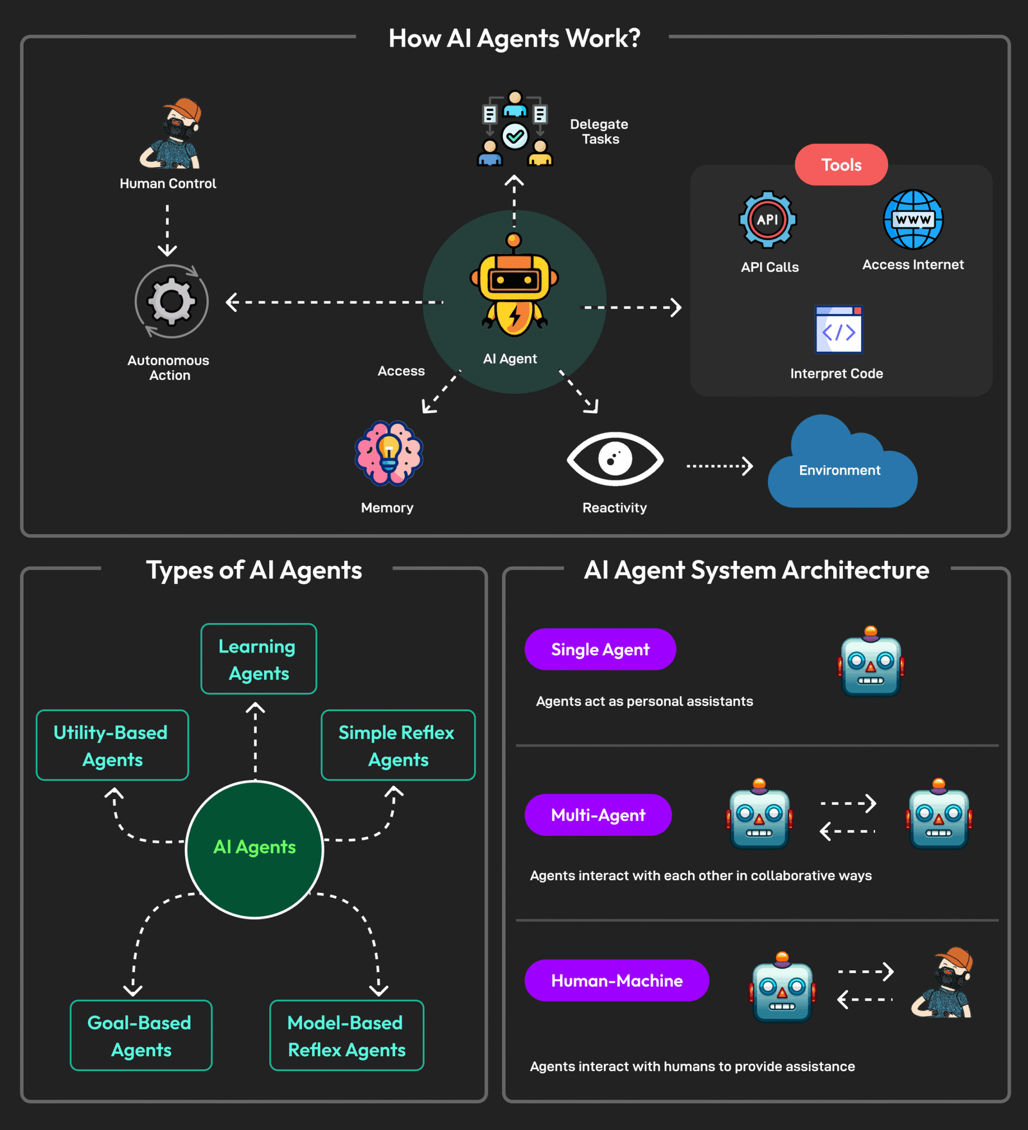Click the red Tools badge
pyautogui.click(x=841, y=165)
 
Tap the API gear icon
pyautogui.click(x=767, y=220)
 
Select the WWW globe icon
pyautogui.click(x=913, y=220)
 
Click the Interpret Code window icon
pyautogui.click(x=838, y=330)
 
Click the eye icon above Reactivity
pyautogui.click(x=615, y=459)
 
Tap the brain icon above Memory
pyautogui.click(x=389, y=454)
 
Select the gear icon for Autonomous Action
pyautogui.click(x=172, y=301)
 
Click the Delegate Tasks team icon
pyautogui.click(x=515, y=129)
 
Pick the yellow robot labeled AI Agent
pyautogui.click(x=514, y=289)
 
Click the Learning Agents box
pyautogui.click(x=258, y=659)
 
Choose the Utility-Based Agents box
pyautogui.click(x=112, y=745)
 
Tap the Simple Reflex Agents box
pyautogui.click(x=398, y=745)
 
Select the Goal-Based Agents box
pyautogui.click(x=141, y=1035)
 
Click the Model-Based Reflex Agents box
pyautogui.click(x=346, y=1035)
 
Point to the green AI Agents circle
pyautogui.click(x=254, y=849)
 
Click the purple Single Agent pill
pyautogui.click(x=600, y=649)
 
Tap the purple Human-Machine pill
pyautogui.click(x=617, y=980)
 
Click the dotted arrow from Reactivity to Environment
pyautogui.click(x=719, y=466)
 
